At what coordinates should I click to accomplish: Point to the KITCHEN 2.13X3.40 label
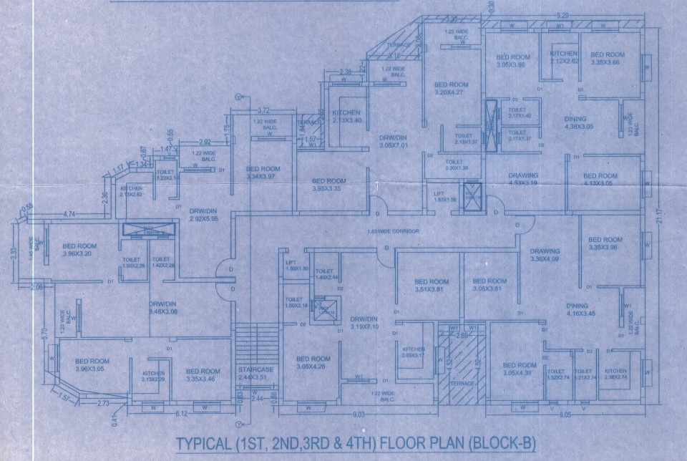coord(346,116)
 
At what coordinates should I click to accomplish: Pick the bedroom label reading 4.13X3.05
coord(600,179)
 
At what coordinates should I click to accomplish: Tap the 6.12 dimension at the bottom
coord(182,414)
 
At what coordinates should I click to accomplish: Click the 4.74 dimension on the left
coord(69,214)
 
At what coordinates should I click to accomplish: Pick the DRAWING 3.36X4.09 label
coord(545,256)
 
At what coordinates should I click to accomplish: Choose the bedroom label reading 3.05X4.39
coord(520,368)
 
